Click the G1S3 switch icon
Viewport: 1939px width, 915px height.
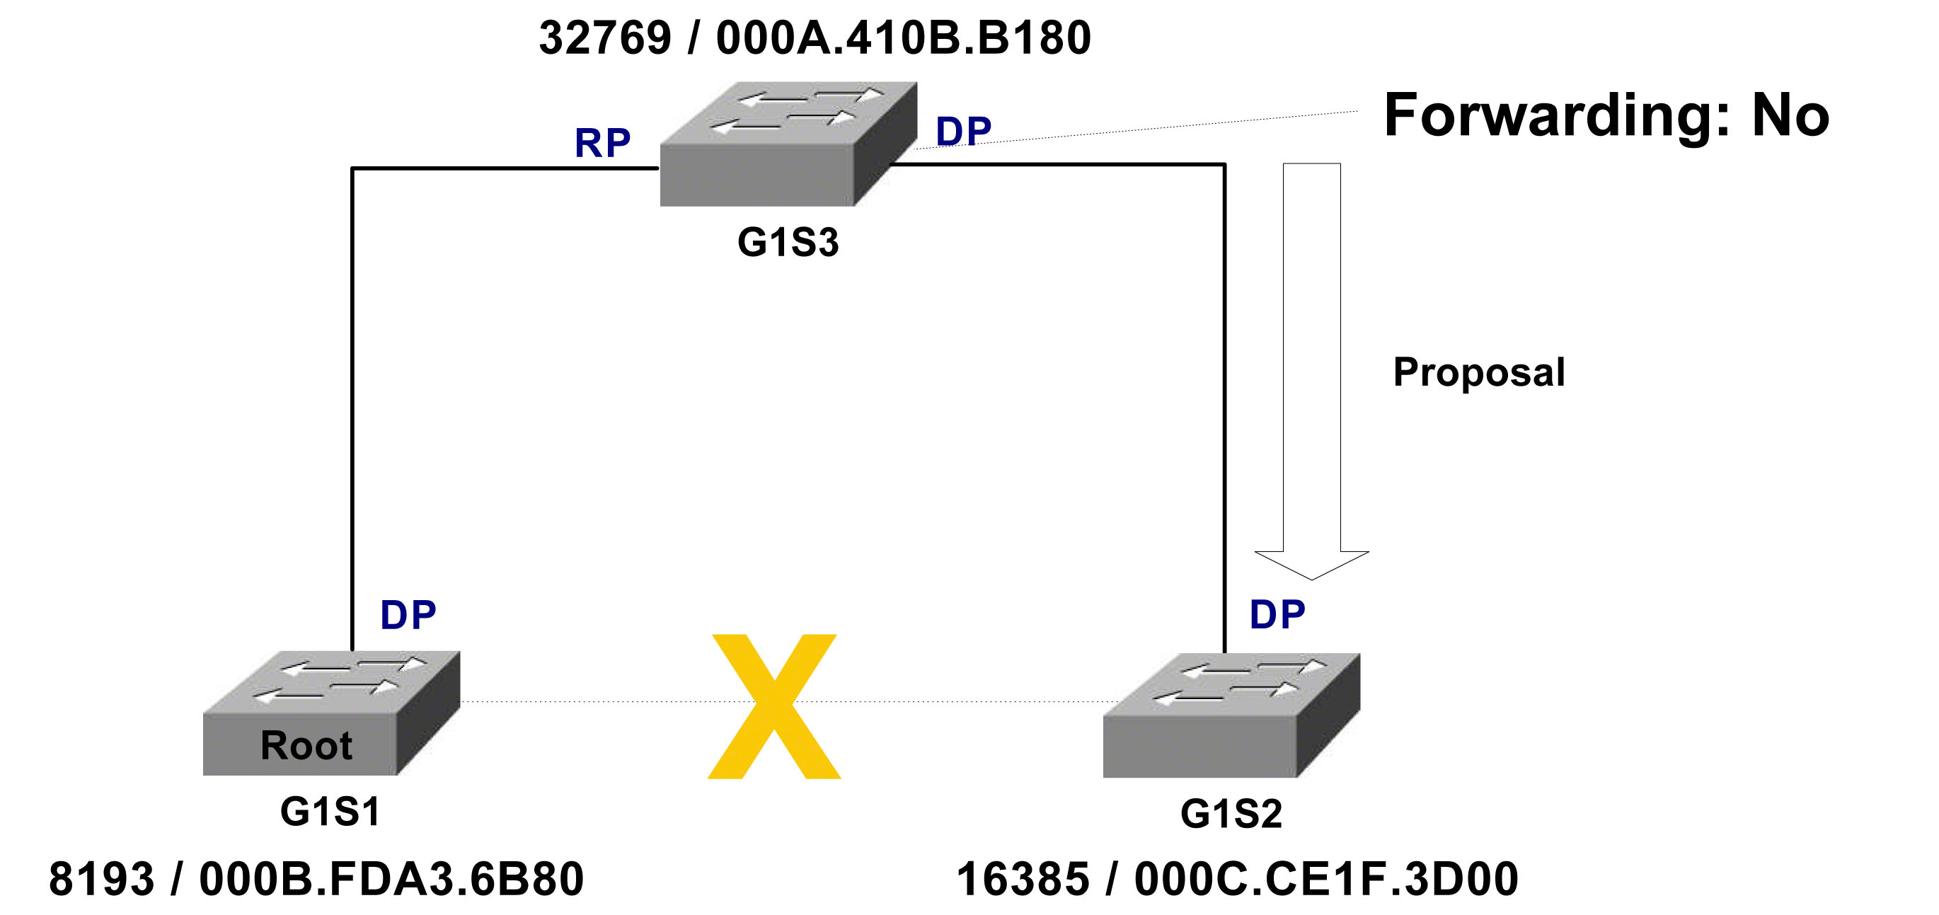[788, 144]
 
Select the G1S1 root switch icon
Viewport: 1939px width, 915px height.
[331, 713]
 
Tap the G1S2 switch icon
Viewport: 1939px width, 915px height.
[1231, 715]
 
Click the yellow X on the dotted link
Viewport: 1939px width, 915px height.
[773, 706]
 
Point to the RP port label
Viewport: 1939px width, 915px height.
[602, 143]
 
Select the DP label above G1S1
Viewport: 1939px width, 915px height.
[408, 615]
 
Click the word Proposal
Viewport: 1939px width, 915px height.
[1479, 372]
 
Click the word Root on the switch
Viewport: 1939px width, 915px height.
[306, 746]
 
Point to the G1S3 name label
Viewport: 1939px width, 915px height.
[788, 242]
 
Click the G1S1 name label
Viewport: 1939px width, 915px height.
[330, 811]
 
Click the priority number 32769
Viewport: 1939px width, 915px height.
[605, 38]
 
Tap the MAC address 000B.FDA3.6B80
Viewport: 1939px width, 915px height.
[391, 879]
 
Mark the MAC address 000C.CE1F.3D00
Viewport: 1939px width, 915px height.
[1326, 879]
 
